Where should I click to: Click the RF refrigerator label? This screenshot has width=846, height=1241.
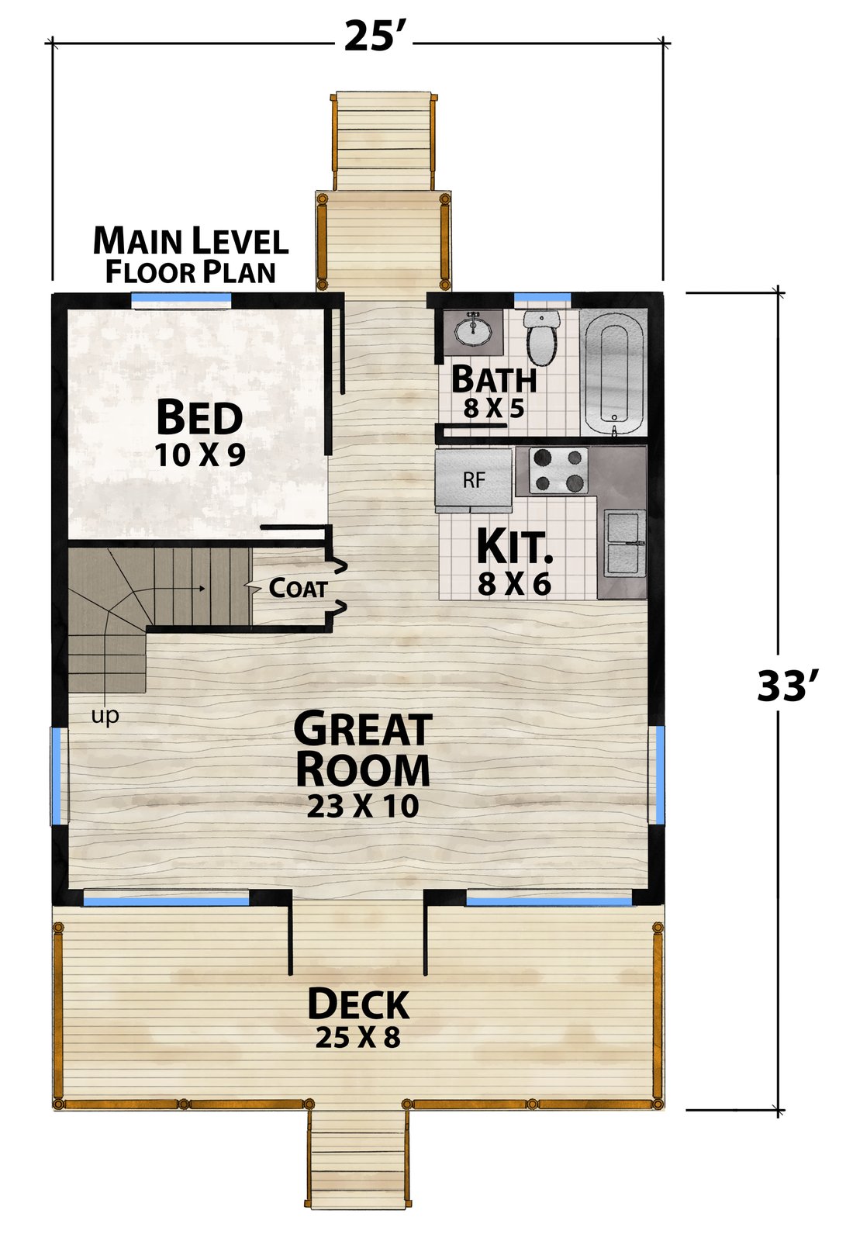click(x=475, y=480)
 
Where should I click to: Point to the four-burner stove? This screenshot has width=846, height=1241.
click(x=558, y=470)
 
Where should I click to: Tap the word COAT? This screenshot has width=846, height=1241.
click(x=298, y=588)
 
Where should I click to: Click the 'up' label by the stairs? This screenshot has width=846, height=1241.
click(x=105, y=716)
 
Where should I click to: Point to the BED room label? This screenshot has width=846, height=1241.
click(x=199, y=417)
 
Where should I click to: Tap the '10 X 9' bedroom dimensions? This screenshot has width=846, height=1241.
click(x=199, y=455)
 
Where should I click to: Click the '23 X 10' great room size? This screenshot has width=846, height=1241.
click(x=363, y=807)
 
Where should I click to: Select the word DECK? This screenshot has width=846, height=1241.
click(x=358, y=1004)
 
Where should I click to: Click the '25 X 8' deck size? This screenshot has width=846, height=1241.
click(x=358, y=1037)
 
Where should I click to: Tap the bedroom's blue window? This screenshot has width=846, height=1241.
click(x=181, y=298)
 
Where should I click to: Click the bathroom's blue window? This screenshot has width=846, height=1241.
click(x=542, y=298)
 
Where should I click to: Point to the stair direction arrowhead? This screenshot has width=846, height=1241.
click(x=202, y=589)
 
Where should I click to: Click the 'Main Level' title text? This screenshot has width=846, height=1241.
click(x=191, y=240)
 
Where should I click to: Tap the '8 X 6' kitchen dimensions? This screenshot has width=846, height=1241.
click(x=514, y=585)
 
